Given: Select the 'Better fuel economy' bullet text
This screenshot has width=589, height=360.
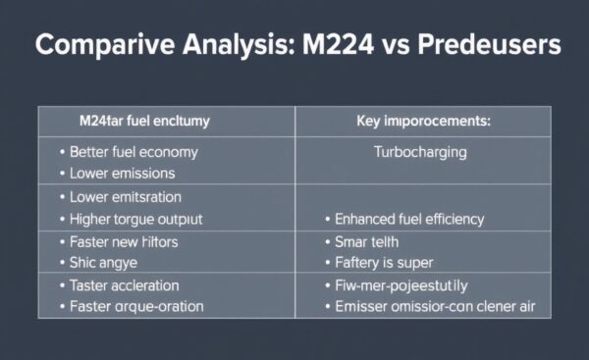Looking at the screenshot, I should (134, 152).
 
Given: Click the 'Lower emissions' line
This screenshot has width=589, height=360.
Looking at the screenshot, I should (123, 173).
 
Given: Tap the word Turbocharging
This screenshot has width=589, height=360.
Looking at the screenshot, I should (420, 152).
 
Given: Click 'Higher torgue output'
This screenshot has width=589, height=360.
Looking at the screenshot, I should (134, 218).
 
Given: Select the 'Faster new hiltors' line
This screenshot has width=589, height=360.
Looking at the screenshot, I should (124, 241).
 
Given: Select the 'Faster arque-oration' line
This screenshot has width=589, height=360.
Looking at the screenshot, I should (136, 306).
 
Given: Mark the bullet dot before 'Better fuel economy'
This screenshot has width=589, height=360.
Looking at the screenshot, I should (63, 153).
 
